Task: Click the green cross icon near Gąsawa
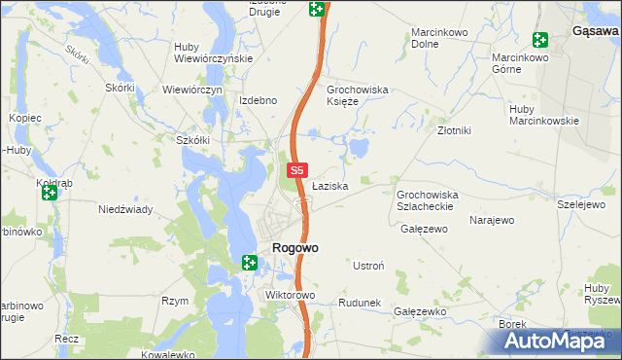click(540, 40)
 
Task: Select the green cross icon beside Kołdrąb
click(49, 193)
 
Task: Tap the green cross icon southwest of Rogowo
click(249, 262)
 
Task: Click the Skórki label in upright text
click(120, 88)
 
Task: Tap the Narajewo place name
click(491, 220)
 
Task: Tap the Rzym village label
click(175, 301)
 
